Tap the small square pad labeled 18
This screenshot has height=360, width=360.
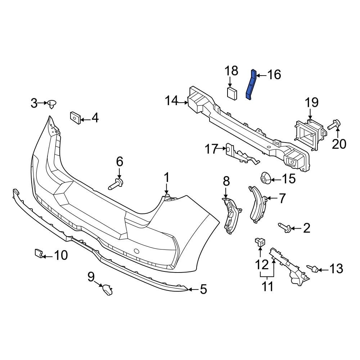[232, 93]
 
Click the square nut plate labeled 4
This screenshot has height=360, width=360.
[75, 117]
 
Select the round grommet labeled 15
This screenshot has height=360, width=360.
[265, 177]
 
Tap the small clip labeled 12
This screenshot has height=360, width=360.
[260, 243]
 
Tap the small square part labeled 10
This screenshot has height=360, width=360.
[39, 253]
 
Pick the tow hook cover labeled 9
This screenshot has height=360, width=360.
[107, 289]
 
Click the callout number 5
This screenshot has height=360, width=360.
[203, 289]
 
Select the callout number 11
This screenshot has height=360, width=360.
[267, 287]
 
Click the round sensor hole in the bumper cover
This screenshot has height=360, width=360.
[136, 251]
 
